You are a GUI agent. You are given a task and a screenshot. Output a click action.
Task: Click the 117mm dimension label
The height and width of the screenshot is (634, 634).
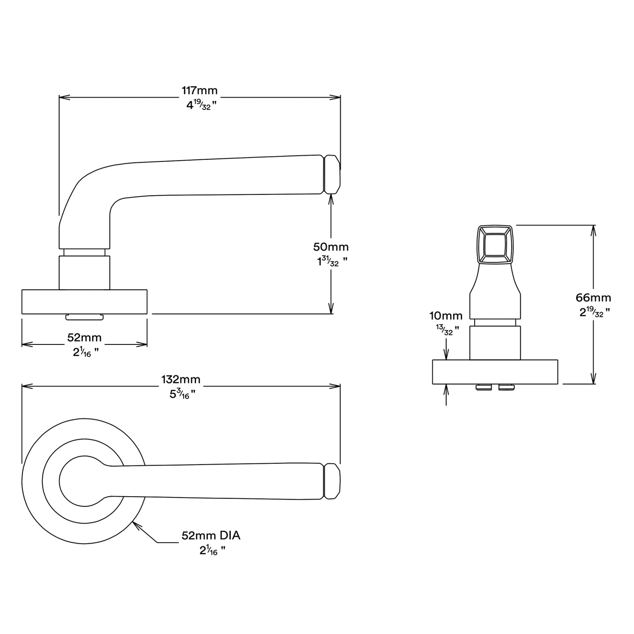point(200,91)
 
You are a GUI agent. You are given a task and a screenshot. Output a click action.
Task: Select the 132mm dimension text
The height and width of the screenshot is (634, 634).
point(181,380)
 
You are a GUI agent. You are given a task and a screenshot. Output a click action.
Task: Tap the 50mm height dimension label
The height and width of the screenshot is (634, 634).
point(331,247)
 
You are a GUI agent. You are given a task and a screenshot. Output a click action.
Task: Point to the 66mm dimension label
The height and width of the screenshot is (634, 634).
point(593,298)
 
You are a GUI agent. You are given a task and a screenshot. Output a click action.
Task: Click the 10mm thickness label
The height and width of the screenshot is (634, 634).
point(446,316)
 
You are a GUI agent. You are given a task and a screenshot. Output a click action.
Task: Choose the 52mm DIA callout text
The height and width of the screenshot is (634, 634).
point(211,536)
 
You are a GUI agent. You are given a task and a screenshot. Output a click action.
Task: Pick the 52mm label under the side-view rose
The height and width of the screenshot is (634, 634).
point(84,338)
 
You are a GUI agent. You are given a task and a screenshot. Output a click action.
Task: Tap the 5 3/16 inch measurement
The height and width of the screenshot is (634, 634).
point(181,394)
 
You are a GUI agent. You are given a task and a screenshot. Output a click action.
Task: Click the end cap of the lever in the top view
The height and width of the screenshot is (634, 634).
point(332,487)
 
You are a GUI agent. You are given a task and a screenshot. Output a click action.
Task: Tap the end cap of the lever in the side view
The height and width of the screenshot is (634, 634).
point(332,174)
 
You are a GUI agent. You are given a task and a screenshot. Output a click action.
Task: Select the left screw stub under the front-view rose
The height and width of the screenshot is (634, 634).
point(483,387)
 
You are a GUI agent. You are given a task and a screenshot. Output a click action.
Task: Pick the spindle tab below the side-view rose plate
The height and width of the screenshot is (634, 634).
point(84,317)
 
